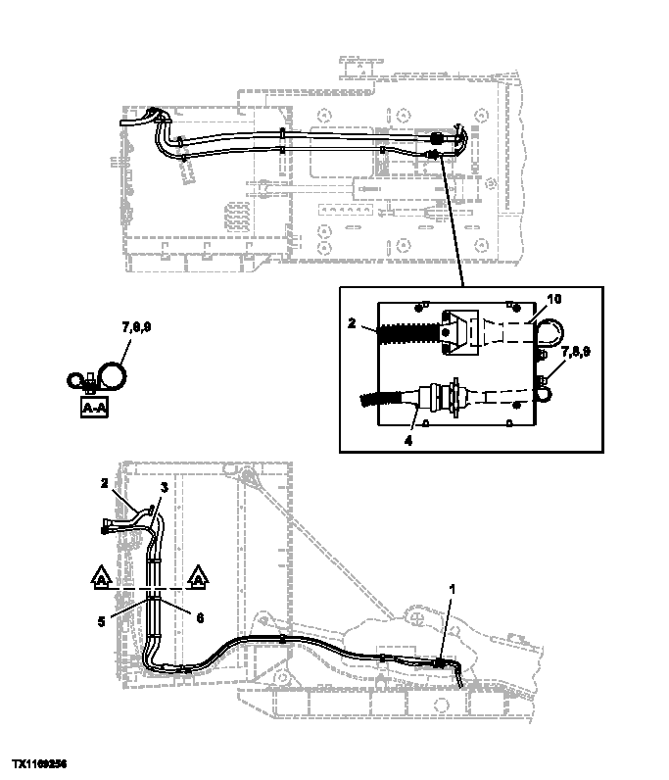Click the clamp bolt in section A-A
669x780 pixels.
92,376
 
